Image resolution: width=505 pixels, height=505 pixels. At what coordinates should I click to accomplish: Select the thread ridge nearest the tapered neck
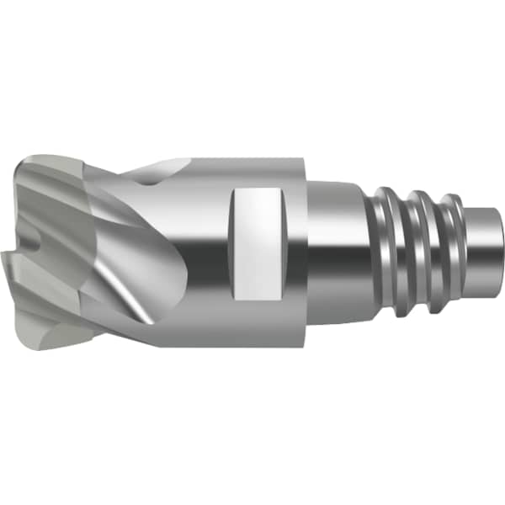coord(389,244)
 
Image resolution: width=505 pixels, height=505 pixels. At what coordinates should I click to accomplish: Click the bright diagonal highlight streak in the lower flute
coord(126,290)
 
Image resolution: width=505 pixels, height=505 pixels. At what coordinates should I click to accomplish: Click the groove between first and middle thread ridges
coord(407,246)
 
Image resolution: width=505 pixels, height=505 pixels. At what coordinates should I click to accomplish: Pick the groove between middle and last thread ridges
coord(440,246)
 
